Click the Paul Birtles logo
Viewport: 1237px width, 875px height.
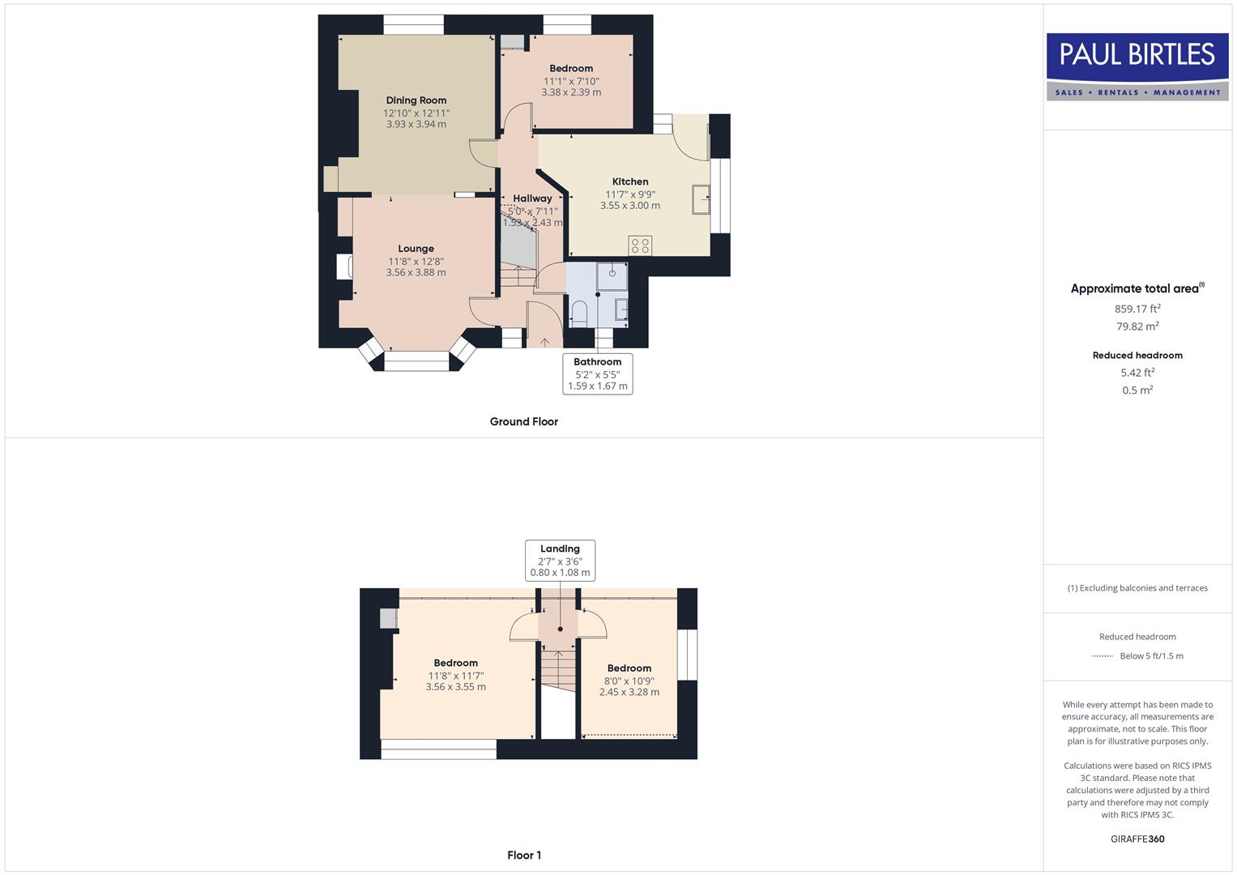[x=1137, y=66]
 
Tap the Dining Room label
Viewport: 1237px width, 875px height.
[x=416, y=100]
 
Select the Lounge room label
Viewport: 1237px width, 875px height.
[x=416, y=249]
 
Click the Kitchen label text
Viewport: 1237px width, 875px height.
[x=630, y=181]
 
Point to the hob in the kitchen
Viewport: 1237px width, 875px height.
[x=640, y=245]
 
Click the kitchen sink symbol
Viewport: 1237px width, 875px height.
[x=701, y=199]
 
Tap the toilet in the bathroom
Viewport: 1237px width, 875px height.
[x=578, y=313]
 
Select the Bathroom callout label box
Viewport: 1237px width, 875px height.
[x=598, y=373]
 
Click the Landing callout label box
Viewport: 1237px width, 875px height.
[x=560, y=561]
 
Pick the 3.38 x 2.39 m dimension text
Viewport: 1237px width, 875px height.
[x=571, y=92]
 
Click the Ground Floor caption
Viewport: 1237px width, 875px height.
[x=523, y=421]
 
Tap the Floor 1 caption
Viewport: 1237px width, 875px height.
[x=524, y=855]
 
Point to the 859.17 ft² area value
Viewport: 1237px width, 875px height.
[x=1137, y=309]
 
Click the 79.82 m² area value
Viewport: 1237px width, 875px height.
[x=1137, y=327]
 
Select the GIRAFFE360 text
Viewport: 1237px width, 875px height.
[x=1137, y=839]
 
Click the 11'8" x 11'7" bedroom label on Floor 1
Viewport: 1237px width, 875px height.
[x=456, y=675]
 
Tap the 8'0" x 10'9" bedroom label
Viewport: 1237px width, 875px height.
[x=629, y=681]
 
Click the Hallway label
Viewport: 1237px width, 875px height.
[x=532, y=198]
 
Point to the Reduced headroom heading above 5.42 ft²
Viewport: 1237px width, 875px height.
[x=1137, y=355]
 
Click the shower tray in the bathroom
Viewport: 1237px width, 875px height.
[x=612, y=275]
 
